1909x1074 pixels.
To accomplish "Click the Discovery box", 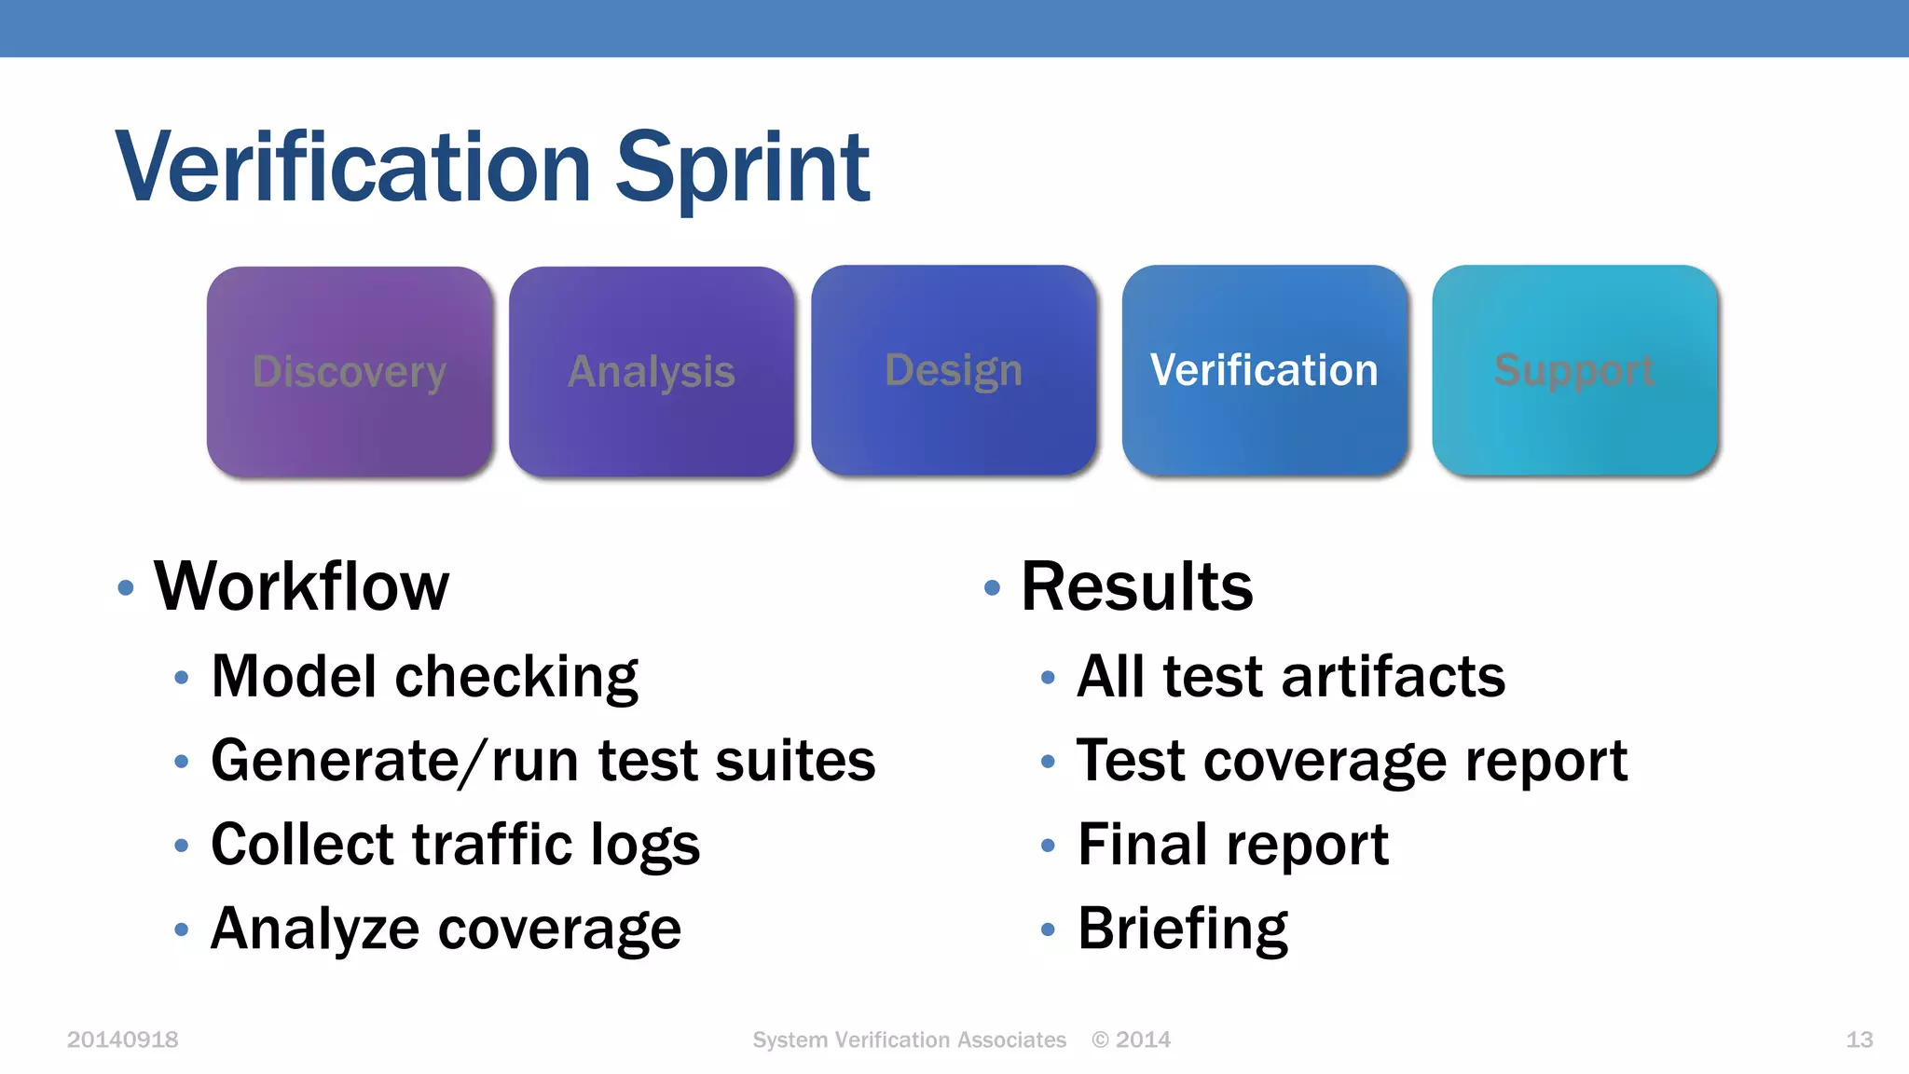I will [x=350, y=372].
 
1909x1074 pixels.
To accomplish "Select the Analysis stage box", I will [x=652, y=372].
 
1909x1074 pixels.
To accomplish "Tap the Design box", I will [x=954, y=370].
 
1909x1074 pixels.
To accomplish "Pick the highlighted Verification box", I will [x=1264, y=370].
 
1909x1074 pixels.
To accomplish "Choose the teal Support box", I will [x=1574, y=370].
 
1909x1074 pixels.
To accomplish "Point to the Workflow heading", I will [x=301, y=586].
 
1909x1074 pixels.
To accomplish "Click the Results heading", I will [x=1136, y=586].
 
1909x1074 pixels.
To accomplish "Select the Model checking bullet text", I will [x=424, y=676].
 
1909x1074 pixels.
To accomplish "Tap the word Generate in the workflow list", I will [x=334, y=761].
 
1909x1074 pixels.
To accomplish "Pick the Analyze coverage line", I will [x=446, y=929].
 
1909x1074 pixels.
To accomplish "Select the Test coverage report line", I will [x=1352, y=761].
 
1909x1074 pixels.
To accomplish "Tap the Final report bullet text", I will [x=1232, y=845].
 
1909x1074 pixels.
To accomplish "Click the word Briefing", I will [x=1182, y=929].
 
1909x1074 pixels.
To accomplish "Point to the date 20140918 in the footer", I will [x=122, y=1040].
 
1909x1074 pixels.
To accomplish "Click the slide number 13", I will [x=1859, y=1040].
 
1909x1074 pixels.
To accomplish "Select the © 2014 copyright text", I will [x=1131, y=1040].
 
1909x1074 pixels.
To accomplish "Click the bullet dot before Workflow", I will [x=126, y=588].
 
